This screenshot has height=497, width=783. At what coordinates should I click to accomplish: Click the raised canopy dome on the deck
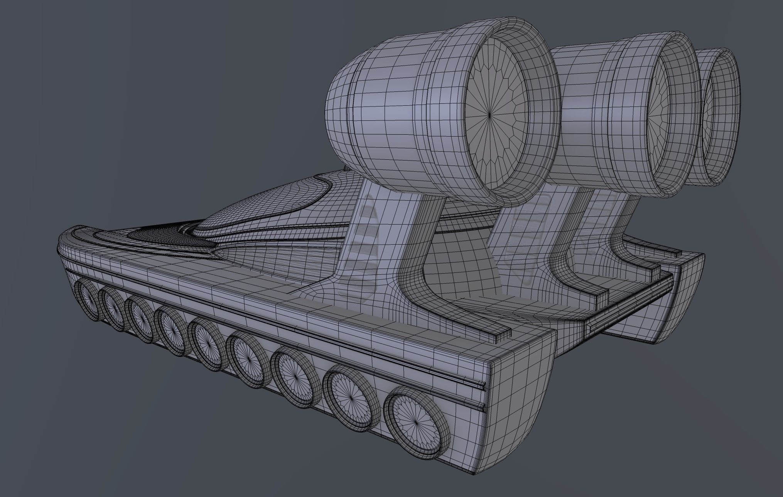pos(262,208)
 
